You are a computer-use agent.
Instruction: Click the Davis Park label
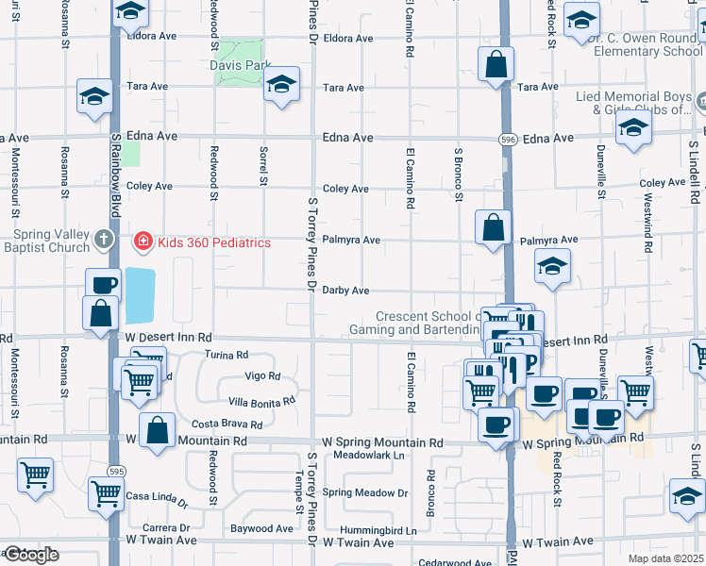coord(240,66)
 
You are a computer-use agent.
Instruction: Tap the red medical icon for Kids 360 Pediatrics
coord(143,242)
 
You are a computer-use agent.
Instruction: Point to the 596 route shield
coord(508,139)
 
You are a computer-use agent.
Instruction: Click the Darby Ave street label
coord(345,291)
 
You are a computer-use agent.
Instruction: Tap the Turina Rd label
coord(227,356)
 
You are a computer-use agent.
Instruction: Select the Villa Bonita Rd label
coord(256,400)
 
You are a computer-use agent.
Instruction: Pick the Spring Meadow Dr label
coord(364,492)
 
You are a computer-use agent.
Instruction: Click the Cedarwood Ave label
coord(458,563)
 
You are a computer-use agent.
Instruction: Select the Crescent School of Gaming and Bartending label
coord(415,324)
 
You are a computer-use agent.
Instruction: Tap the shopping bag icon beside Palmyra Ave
coord(494,227)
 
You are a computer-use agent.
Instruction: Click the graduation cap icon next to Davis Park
coord(281,84)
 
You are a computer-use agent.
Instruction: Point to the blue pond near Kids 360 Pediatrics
coord(140,294)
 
